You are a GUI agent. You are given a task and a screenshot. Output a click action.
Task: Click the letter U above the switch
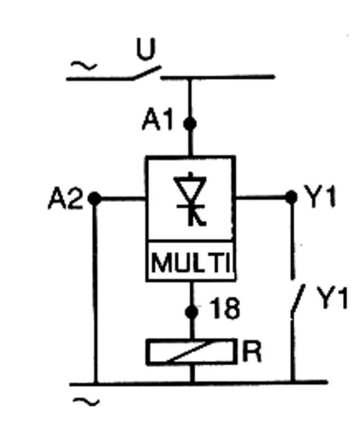146,51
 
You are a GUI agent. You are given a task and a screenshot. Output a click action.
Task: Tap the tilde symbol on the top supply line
85,67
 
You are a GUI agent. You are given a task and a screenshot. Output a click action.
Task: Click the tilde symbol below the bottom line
90,402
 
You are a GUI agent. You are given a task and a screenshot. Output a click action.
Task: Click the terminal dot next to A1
191,123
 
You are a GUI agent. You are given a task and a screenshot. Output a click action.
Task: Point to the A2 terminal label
65,199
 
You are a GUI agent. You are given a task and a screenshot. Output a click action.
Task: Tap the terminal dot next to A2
94,198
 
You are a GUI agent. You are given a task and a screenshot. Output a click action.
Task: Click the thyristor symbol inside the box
190,199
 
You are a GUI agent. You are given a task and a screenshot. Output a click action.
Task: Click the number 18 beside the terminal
224,309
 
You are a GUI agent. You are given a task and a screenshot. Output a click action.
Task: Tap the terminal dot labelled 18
191,311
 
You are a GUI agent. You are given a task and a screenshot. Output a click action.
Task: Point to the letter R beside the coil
252,352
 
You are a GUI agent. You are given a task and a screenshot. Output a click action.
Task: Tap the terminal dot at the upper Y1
291,197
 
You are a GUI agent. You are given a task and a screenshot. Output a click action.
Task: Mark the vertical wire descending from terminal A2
94,293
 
